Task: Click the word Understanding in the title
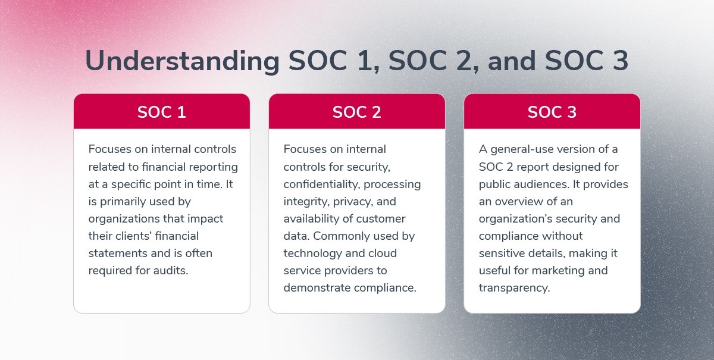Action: pos(182,61)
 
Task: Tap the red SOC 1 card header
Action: pos(162,111)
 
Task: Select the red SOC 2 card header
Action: pos(356,111)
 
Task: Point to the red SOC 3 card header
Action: pos(552,111)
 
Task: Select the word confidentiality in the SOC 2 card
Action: pos(322,184)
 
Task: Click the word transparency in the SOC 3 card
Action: pos(515,288)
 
